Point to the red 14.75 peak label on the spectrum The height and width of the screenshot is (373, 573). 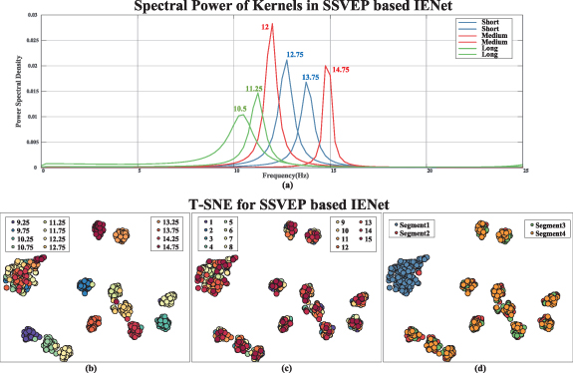point(340,70)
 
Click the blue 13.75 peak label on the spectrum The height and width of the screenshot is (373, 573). point(311,77)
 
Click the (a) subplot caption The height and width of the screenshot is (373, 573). point(287,186)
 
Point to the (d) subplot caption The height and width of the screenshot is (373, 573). point(476,368)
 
